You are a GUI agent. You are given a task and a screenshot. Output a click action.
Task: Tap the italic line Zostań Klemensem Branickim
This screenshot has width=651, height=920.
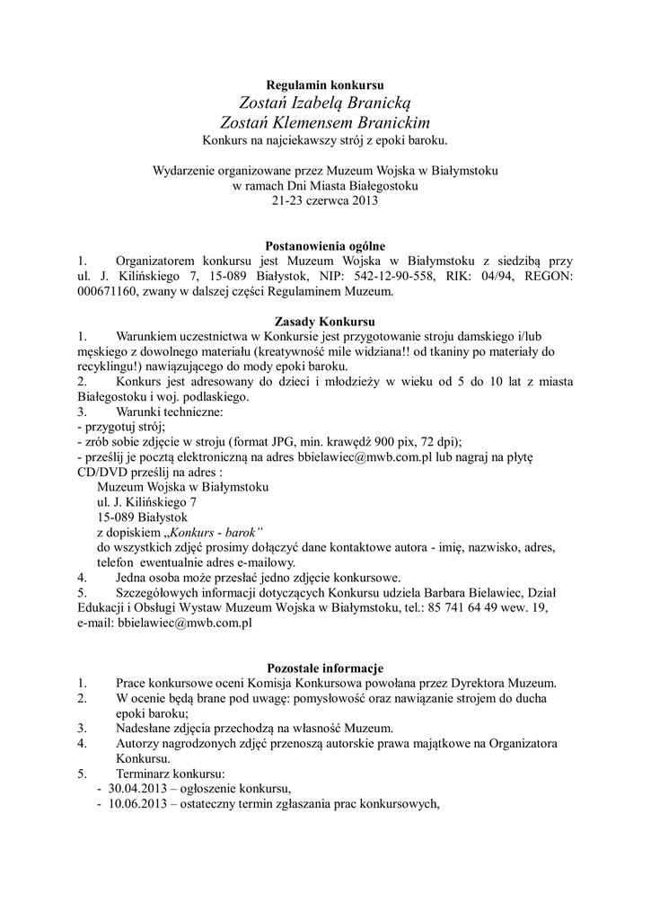coord(325,122)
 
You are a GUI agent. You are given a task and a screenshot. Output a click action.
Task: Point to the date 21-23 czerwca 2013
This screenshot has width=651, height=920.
coord(325,200)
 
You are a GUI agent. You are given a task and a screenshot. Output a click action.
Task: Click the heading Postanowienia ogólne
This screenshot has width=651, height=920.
coord(325,245)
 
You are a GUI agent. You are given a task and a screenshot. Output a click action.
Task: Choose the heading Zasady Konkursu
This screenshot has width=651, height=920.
coord(325,322)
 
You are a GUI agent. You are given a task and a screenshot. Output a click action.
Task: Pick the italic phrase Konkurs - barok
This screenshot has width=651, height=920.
coord(216,533)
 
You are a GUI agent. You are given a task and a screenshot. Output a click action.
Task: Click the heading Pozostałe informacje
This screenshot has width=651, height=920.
coord(325,668)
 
